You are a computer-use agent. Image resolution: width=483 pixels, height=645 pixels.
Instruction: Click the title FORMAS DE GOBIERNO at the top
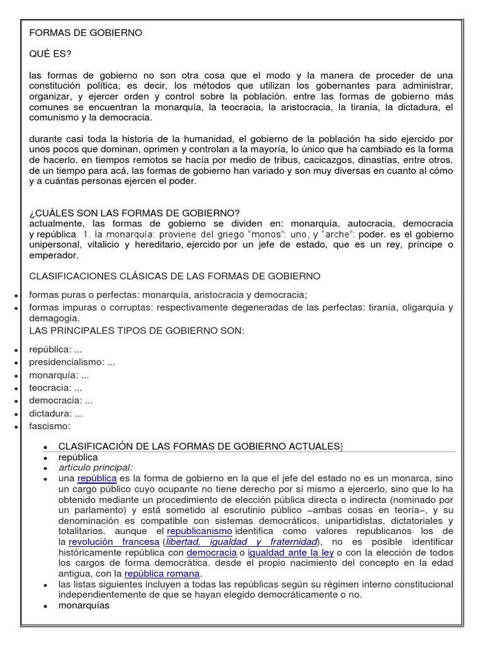tap(86, 33)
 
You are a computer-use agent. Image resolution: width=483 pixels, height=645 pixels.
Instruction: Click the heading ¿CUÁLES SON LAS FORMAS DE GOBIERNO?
tap(135, 212)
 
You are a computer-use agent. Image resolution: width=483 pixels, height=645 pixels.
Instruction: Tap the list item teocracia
tap(50, 388)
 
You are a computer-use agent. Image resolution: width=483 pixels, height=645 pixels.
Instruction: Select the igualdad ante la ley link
tap(291, 552)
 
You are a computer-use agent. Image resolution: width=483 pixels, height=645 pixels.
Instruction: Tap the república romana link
tap(162, 574)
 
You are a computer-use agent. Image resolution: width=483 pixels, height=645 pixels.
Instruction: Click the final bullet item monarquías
tap(84, 606)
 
